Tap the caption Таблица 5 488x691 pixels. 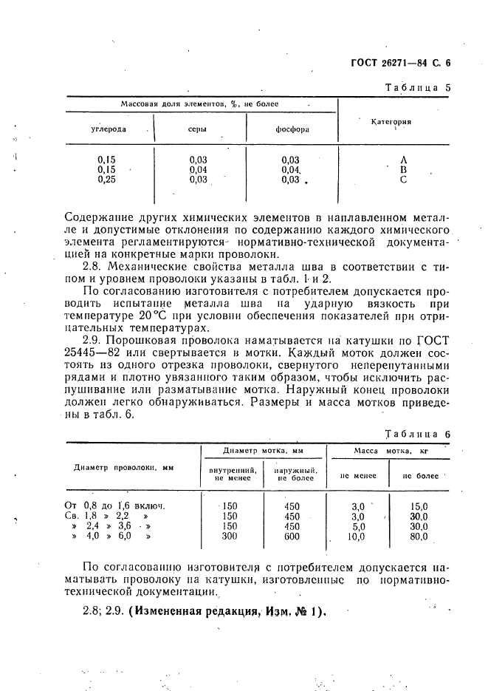pyautogui.click(x=418, y=86)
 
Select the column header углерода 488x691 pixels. pyautogui.click(x=109, y=129)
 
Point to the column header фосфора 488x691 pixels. pyautogui.click(x=292, y=129)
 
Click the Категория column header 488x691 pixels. pyautogui.click(x=391, y=121)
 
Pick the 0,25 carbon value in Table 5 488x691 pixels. pyautogui.click(x=109, y=179)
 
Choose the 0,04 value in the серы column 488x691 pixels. pyautogui.click(x=198, y=169)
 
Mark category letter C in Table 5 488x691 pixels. pyautogui.click(x=403, y=179)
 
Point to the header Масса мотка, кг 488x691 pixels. pyautogui.click(x=391, y=450)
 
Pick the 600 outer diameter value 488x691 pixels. pyautogui.click(x=292, y=537)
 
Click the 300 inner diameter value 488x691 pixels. pyautogui.click(x=230, y=537)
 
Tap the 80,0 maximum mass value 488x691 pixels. pyautogui.click(x=419, y=537)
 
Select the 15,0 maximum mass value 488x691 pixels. pyautogui.click(x=419, y=506)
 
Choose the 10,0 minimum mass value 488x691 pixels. pyautogui.click(x=356, y=537)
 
